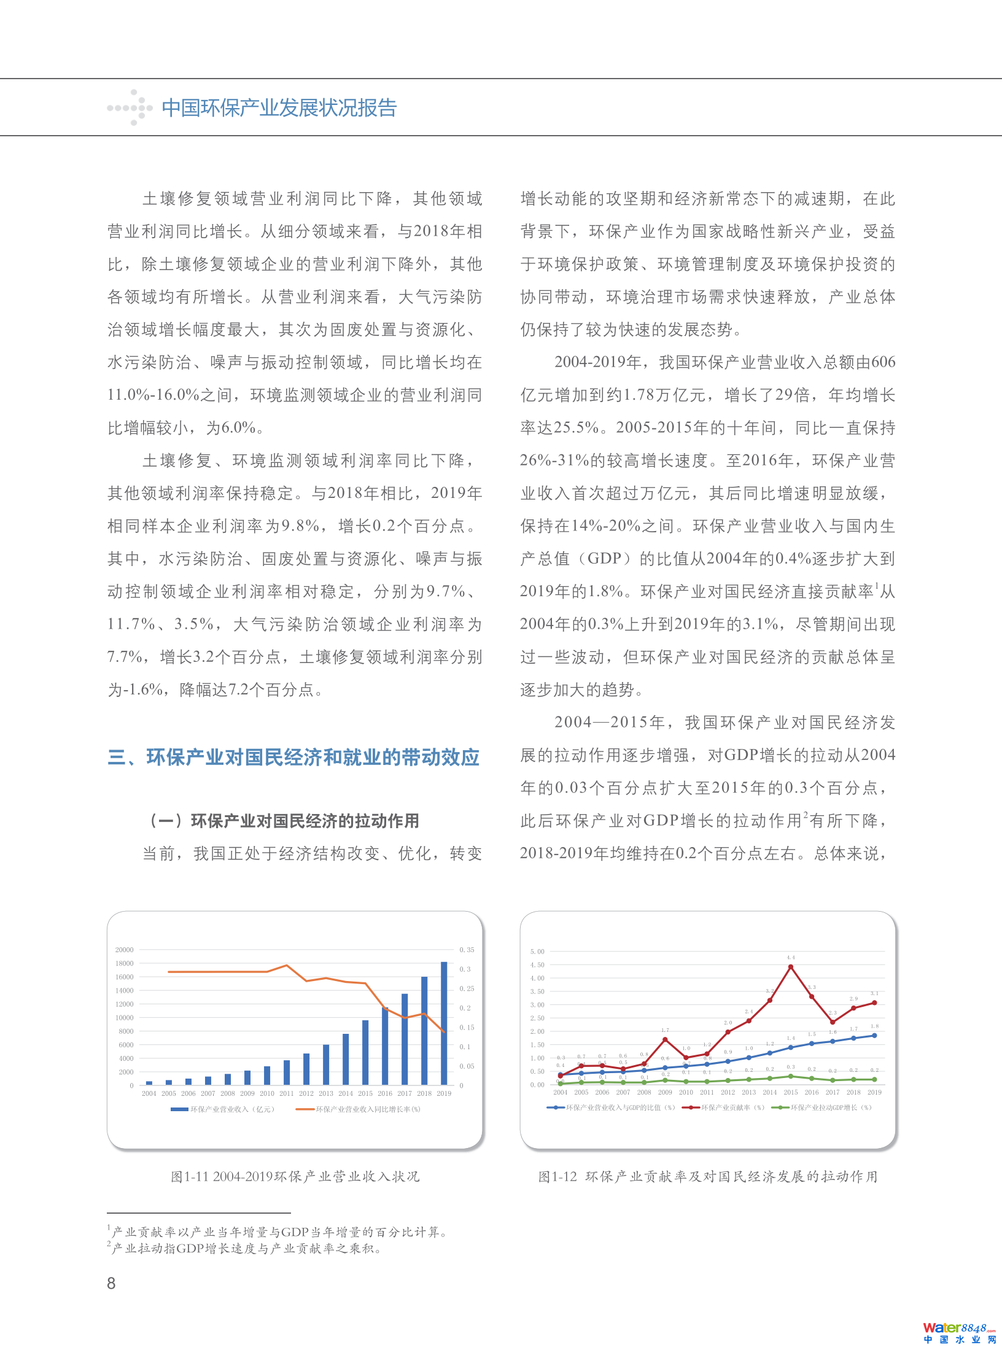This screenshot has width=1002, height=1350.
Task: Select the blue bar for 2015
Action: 365,1053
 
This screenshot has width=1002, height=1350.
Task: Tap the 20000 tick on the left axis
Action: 124,950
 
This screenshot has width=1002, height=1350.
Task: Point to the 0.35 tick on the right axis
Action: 467,950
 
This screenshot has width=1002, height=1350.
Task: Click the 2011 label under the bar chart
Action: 287,1093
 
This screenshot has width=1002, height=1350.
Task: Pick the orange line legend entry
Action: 359,1109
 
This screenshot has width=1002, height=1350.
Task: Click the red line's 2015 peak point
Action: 791,967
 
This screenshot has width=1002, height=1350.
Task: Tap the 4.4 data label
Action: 791,958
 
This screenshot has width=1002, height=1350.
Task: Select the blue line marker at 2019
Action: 874,1036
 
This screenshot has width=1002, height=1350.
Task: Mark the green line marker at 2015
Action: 791,1076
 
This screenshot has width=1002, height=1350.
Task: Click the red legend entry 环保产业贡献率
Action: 725,1108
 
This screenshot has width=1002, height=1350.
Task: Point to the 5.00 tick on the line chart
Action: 537,952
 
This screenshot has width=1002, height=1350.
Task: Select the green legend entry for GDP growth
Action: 822,1108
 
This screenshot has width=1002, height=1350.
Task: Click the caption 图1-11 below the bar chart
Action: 295,1177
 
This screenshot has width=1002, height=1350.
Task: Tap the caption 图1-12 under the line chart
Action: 708,1177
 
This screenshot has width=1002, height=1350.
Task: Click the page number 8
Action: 111,1283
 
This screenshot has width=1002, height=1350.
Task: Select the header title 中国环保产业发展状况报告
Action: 279,108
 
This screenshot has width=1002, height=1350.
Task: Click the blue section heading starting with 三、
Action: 293,758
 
